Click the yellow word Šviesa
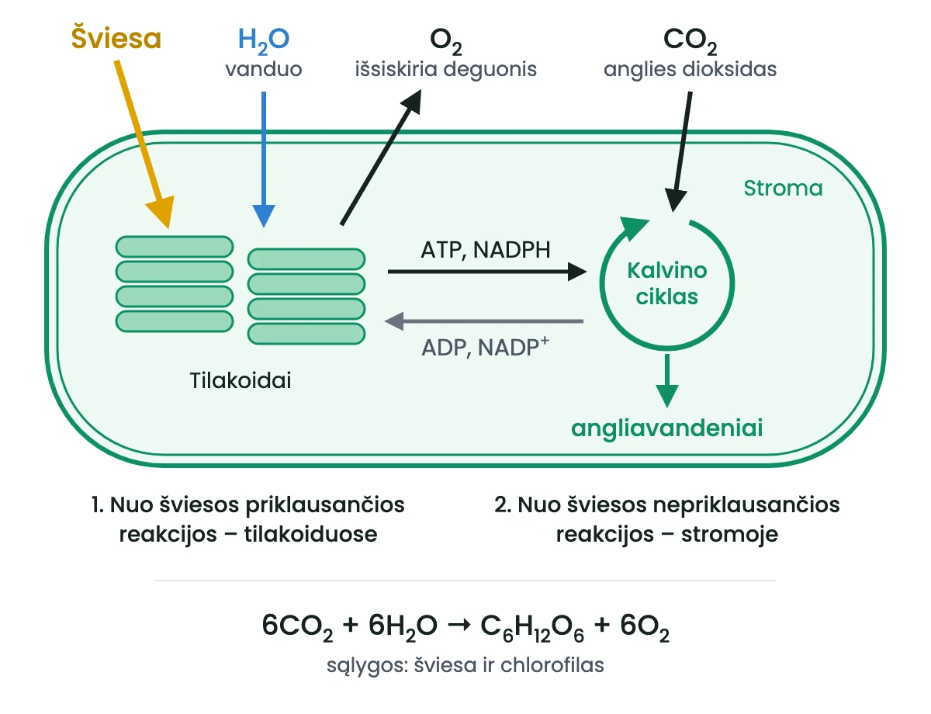click(116, 38)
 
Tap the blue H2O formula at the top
click(264, 40)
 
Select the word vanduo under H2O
click(264, 69)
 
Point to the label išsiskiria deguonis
click(445, 69)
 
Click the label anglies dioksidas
click(690, 69)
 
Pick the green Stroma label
click(783, 188)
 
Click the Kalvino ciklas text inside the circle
click(667, 283)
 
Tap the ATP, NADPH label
click(486, 250)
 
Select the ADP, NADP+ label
click(485, 347)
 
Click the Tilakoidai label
click(241, 380)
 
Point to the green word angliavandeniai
click(667, 428)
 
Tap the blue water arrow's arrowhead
click(264, 217)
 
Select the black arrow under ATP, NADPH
click(487, 272)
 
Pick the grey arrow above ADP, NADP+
click(483, 321)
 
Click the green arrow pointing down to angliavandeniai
click(667, 380)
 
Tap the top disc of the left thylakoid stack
click(175, 247)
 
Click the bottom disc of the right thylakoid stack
click(306, 334)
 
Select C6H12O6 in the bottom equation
click(531, 627)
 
